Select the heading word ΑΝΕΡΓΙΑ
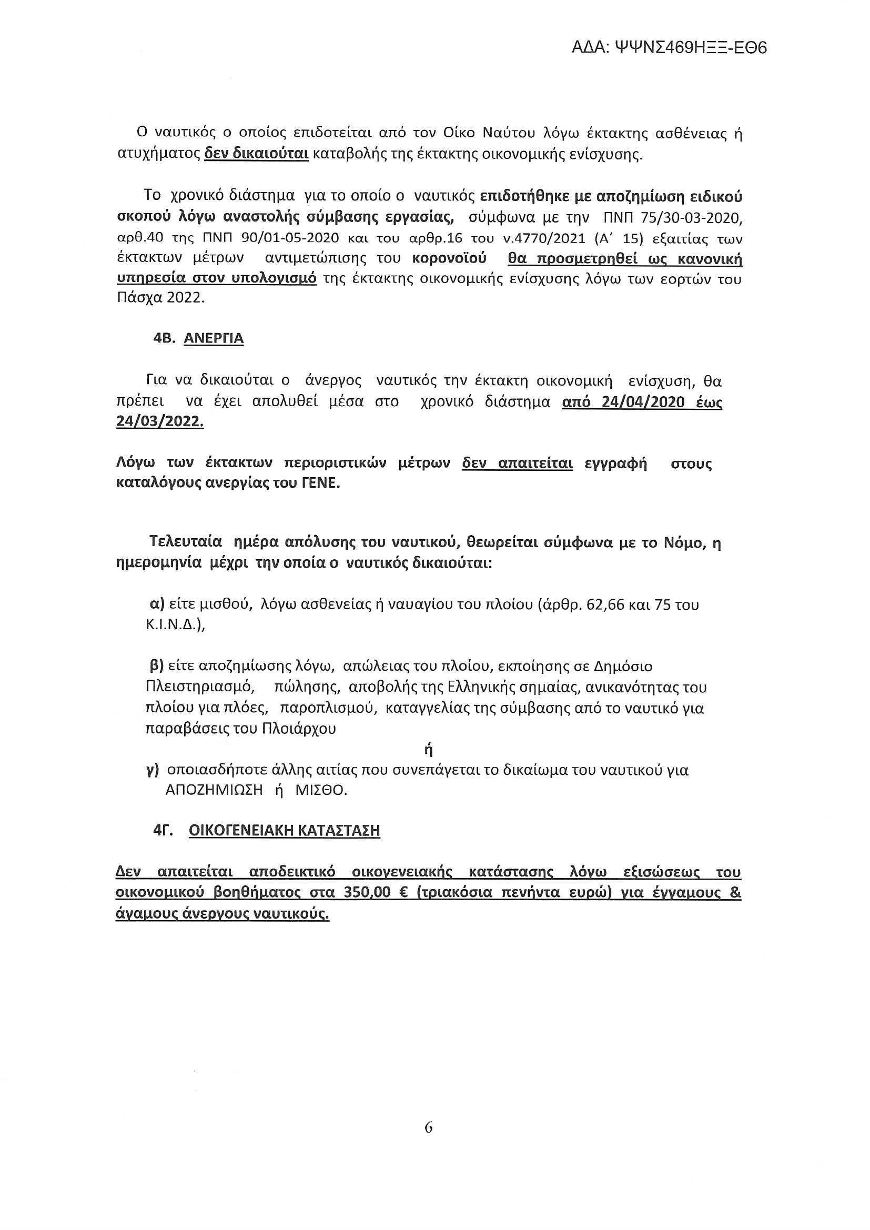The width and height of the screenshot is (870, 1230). (214, 339)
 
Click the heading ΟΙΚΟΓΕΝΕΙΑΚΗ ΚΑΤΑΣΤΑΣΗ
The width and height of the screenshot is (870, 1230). (285, 831)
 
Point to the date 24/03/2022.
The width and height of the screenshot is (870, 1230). (160, 421)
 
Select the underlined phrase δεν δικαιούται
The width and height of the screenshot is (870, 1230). (257, 155)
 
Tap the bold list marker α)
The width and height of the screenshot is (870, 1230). (156, 604)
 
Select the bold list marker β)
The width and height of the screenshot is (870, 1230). (156, 667)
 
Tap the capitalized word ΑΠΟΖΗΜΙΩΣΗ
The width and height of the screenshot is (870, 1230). (214, 791)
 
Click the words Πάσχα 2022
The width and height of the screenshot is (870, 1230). (161, 298)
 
